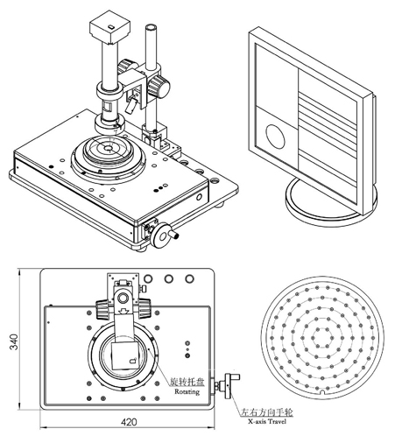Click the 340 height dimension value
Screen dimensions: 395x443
[x=13, y=341]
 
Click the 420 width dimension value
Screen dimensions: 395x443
[x=129, y=422]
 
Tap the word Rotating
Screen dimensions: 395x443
[x=187, y=391]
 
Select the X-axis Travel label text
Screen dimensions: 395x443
[x=267, y=421]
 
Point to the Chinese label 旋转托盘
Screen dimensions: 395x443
[x=187, y=382]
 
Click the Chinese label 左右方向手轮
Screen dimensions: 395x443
[x=266, y=412]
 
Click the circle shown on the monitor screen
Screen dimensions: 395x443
[x=275, y=137]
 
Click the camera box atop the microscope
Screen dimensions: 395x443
[x=109, y=27]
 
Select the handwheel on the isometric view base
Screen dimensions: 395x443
[x=162, y=236]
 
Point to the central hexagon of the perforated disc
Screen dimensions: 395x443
[x=322, y=338]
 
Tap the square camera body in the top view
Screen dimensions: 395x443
[x=126, y=356]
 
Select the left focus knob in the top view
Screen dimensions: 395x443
[x=103, y=309]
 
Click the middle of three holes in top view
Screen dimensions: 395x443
[x=168, y=278]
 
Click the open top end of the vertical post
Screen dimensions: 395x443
[x=151, y=28]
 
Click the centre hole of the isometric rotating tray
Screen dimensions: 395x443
[x=109, y=149]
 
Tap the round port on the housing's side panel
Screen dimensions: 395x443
[x=199, y=197]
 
